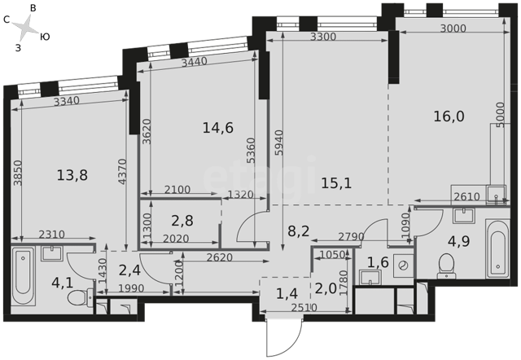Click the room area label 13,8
72,175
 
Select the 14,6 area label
218,128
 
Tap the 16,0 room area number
449,116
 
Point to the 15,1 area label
336,183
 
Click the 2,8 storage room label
182,221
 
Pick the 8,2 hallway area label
299,231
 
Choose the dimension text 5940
279,143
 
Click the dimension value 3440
195,62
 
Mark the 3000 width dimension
453,29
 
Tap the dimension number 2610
466,197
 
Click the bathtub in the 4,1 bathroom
23,277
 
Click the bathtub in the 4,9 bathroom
497,249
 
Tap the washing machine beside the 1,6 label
404,266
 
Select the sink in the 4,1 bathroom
52,253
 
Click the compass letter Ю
45,37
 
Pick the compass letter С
7,20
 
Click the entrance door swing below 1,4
284,336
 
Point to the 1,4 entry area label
287,294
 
